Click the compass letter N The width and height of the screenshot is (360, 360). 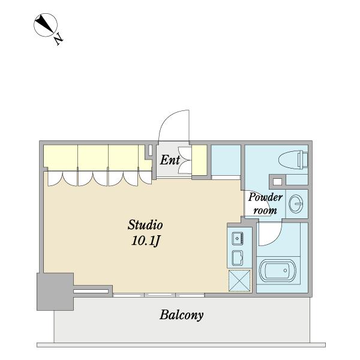point(59,39)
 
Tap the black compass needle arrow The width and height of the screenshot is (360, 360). point(45,24)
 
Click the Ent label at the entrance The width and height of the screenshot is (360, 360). point(170,160)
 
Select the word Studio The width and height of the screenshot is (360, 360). point(145,225)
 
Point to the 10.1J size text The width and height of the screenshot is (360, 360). point(146,241)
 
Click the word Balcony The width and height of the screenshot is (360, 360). point(181,316)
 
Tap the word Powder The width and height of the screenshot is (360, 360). point(265,197)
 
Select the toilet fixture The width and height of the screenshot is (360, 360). point(293,160)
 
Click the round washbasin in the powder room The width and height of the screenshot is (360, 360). point(296,204)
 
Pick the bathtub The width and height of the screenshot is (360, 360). point(278,271)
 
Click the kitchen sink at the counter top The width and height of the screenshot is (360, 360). point(238,239)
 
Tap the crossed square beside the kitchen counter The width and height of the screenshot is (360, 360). point(239,281)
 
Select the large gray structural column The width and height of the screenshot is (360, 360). point(55,292)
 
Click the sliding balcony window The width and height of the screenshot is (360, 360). point(158,295)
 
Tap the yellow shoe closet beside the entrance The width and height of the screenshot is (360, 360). point(199,160)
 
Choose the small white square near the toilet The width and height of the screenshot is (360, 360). point(277,182)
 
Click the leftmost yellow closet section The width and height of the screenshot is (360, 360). point(61,157)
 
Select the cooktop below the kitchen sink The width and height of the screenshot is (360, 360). point(238,258)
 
